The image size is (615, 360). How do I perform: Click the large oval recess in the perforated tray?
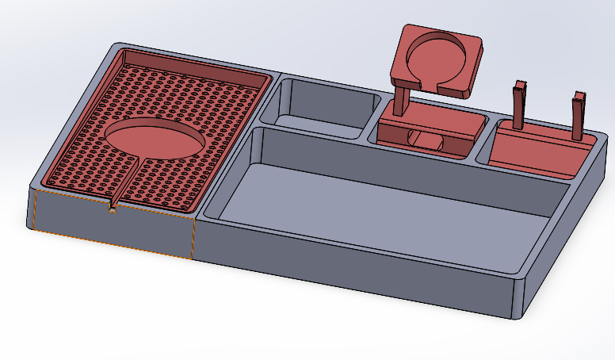pos(155,138)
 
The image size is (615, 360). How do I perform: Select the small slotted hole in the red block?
pos(428,140)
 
